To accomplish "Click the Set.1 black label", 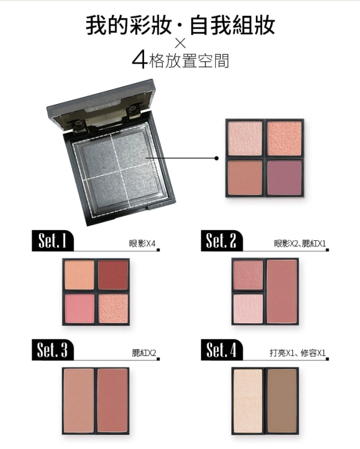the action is point(53,240).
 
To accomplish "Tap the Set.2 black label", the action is point(222,240).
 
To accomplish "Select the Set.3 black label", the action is point(53,350).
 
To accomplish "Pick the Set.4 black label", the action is point(222,350).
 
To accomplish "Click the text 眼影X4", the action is point(142,244).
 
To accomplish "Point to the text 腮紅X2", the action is point(144,353).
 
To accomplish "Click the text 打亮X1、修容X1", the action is point(297,353).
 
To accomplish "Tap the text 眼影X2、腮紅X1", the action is point(300,244).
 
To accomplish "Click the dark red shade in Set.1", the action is point(113,275).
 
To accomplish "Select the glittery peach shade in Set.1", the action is point(113,308).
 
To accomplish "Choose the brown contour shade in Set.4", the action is point(282,401).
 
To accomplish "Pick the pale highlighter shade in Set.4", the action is point(248,401).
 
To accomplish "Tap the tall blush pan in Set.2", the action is point(282,292).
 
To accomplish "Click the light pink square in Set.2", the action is point(248,308).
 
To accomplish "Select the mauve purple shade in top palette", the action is point(284,178).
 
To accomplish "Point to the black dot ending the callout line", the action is point(217,158).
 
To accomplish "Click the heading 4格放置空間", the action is point(181,61).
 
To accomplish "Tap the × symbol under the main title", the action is point(181,43).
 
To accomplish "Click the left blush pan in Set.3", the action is point(79,401).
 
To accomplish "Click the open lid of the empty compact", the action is point(102,105).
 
